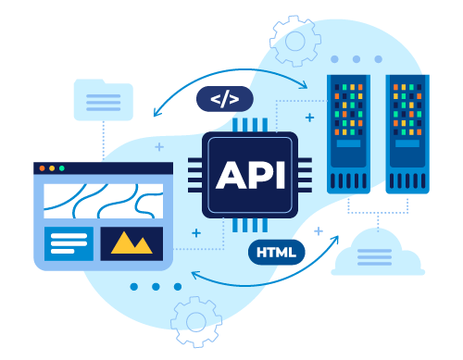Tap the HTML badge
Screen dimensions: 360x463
(x=275, y=252)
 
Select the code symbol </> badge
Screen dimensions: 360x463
(x=224, y=99)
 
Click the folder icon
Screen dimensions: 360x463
(x=103, y=99)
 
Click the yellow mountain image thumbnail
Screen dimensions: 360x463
(x=131, y=243)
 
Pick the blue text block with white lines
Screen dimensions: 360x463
(x=69, y=243)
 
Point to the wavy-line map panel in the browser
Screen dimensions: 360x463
(x=103, y=200)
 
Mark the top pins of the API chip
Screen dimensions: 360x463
(x=244, y=125)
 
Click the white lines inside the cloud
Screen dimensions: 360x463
(x=378, y=257)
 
